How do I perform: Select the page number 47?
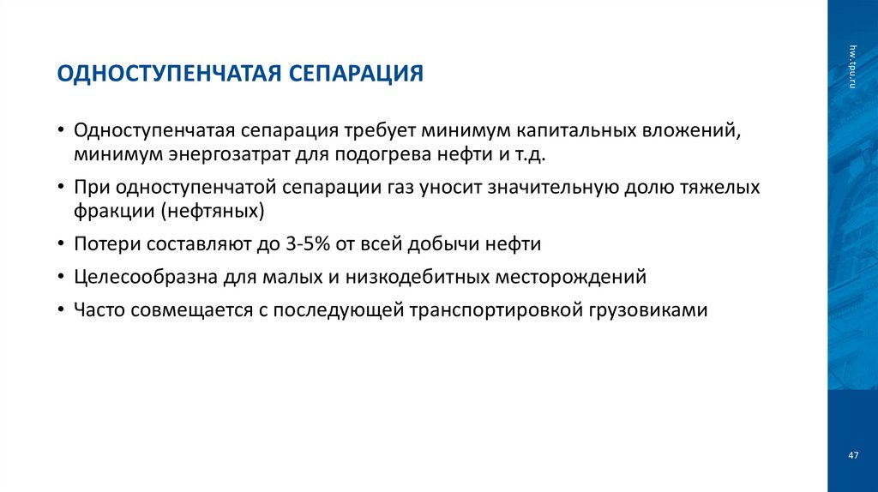tap(853, 455)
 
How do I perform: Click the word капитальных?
tap(575, 132)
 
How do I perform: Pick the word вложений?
tap(691, 132)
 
